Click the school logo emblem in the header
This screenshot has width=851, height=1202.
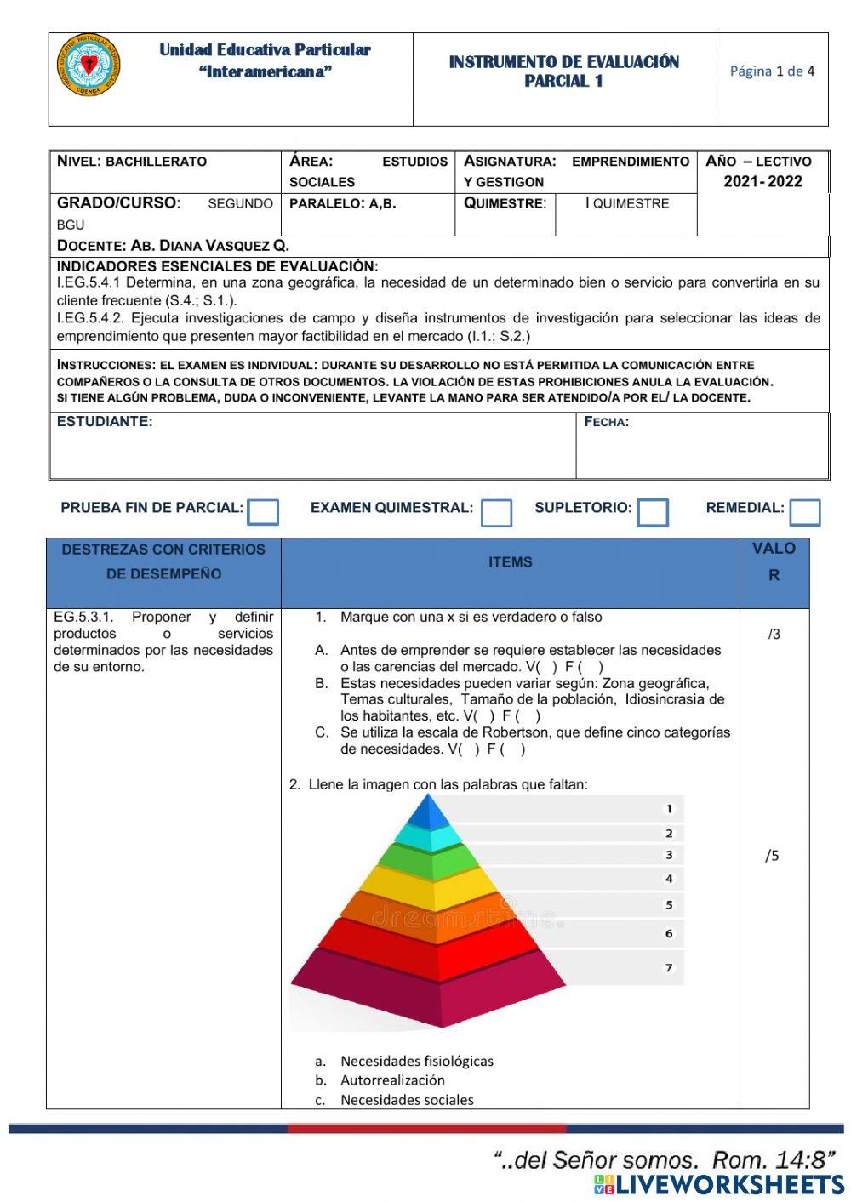click(x=89, y=66)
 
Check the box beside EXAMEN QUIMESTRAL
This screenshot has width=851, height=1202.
click(x=496, y=513)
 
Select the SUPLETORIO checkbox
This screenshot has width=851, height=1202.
click(x=653, y=513)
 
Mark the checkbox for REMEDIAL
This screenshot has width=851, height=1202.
click(x=804, y=513)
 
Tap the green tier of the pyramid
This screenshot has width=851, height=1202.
click(x=429, y=859)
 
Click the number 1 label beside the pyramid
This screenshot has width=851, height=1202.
click(x=669, y=809)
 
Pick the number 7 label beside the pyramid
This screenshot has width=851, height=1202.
click(x=669, y=967)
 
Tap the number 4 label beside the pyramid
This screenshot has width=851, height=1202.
click(x=669, y=879)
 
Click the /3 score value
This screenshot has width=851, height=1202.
click(x=774, y=634)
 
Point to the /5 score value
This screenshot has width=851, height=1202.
click(x=772, y=856)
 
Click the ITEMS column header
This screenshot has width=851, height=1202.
click(x=510, y=562)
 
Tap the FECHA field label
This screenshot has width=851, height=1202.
click(x=607, y=422)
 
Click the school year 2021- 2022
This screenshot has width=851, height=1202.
click(x=762, y=181)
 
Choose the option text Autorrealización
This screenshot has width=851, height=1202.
click(x=392, y=1080)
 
